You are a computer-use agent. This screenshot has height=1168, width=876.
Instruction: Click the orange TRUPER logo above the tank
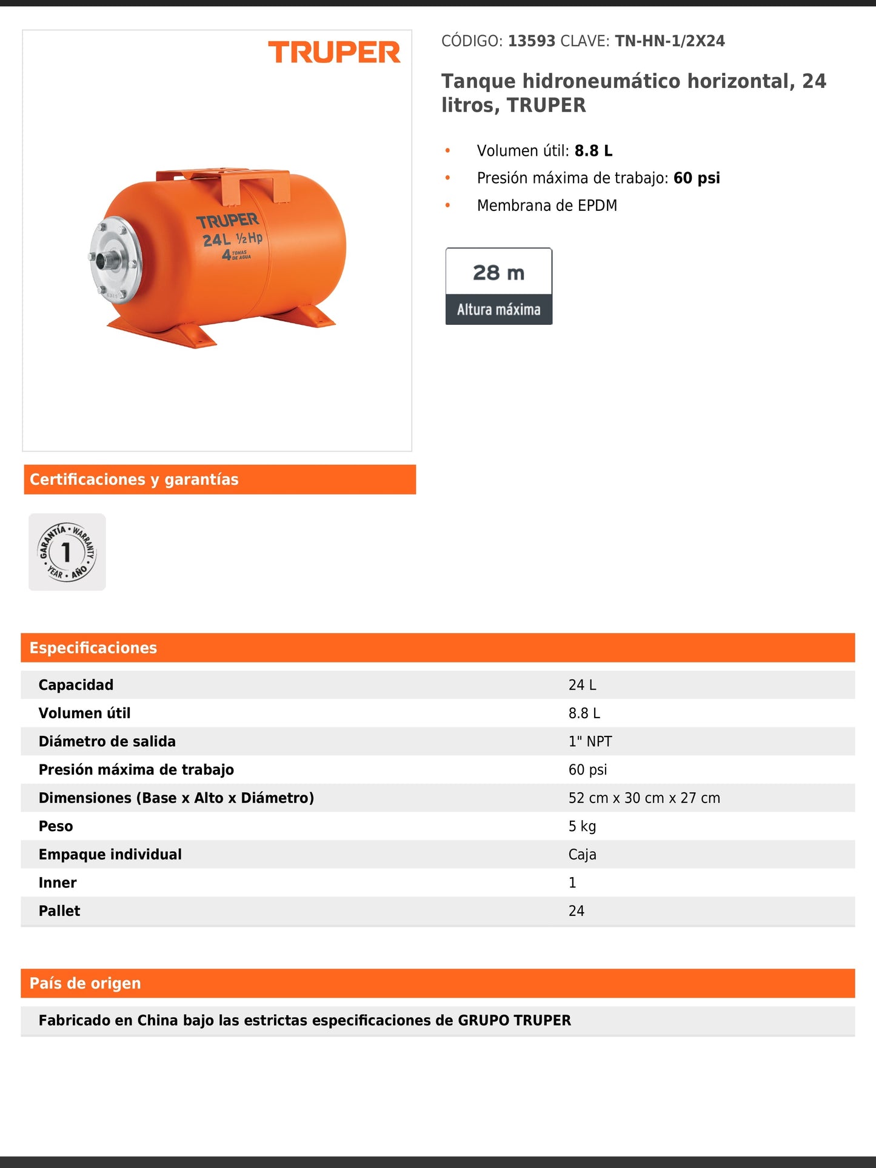click(x=334, y=53)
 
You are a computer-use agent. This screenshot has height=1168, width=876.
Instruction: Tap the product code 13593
click(x=532, y=41)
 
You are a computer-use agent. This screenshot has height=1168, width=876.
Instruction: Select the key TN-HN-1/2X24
click(x=670, y=41)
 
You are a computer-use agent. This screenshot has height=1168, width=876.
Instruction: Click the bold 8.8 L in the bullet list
click(x=593, y=151)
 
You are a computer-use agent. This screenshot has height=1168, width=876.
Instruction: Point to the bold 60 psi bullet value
click(x=697, y=178)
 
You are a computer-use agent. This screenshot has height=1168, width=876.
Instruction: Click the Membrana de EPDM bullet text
click(x=547, y=205)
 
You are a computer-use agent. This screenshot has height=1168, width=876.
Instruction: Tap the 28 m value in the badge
click(x=498, y=273)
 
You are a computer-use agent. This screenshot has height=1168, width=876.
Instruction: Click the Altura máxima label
click(x=498, y=310)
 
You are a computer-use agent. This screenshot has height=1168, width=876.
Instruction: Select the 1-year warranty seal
click(x=67, y=552)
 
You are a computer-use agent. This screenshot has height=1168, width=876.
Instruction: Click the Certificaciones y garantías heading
click(x=134, y=479)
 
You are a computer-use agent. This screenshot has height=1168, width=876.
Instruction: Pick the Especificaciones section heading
click(x=93, y=648)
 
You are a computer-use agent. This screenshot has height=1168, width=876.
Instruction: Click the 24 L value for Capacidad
click(x=582, y=685)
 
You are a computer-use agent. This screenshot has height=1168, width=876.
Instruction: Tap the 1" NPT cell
click(x=590, y=741)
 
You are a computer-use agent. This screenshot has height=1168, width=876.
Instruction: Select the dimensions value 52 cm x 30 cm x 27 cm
click(x=644, y=798)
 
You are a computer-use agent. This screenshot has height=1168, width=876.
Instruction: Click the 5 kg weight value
click(x=582, y=826)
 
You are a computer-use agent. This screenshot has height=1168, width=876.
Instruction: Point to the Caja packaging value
click(x=582, y=855)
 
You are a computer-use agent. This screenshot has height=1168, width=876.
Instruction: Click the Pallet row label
click(x=59, y=911)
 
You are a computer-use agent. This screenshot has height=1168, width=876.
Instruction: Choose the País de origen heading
click(x=85, y=983)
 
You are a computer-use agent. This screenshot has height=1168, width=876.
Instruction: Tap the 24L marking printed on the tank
click(x=216, y=240)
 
